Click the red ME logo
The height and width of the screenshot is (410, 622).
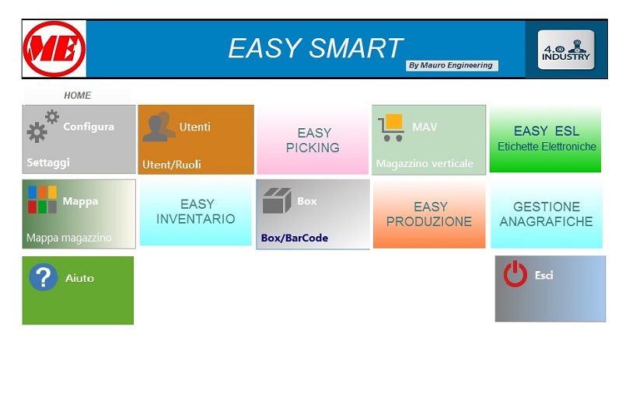click(54, 49)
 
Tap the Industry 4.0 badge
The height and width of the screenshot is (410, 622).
click(566, 50)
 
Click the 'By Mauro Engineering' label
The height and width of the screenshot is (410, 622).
click(451, 65)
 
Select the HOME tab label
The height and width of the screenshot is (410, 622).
click(77, 96)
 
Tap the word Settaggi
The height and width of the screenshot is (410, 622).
click(48, 162)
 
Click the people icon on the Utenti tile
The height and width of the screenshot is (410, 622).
click(159, 127)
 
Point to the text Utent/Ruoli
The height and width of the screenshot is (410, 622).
click(172, 165)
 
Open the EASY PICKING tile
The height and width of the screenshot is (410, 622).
click(313, 140)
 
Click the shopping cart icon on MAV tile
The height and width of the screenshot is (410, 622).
click(391, 127)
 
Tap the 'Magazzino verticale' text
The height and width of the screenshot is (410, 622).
click(425, 164)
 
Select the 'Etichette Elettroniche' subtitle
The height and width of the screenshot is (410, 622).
click(547, 147)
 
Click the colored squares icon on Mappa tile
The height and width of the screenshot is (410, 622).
click(42, 200)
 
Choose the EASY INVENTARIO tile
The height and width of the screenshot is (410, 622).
click(196, 212)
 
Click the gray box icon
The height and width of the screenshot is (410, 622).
click(277, 200)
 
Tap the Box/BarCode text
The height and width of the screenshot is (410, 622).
click(295, 238)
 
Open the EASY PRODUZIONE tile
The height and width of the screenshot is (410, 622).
click(429, 214)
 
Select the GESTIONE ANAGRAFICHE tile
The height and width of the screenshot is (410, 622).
click(547, 214)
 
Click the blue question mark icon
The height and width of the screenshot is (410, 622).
click(44, 277)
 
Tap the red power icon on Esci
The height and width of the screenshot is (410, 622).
click(515, 274)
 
